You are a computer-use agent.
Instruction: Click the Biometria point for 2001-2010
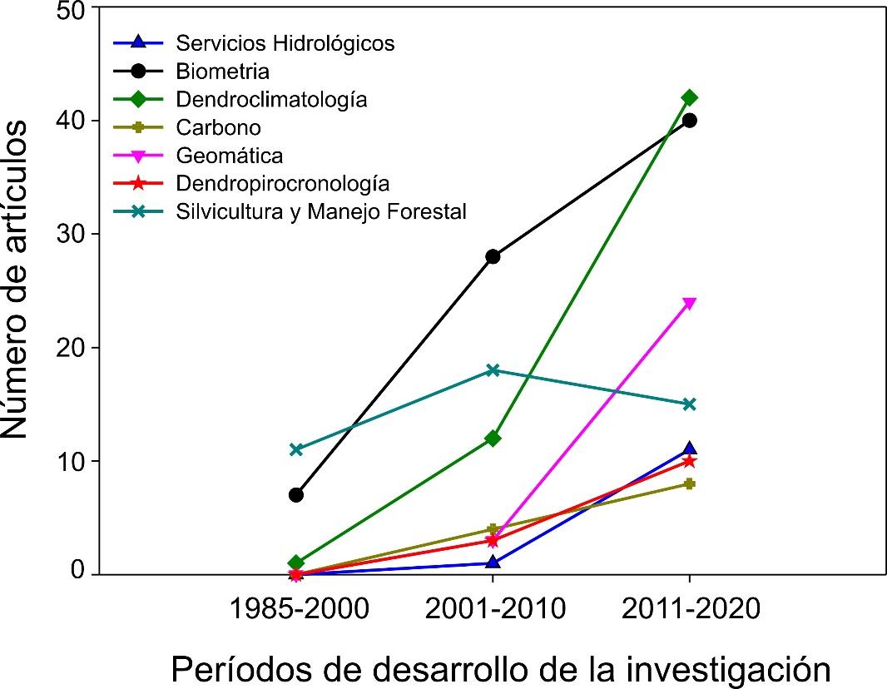point(493,256)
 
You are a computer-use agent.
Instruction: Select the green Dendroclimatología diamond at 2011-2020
point(689,97)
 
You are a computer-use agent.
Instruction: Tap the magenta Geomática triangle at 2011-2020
point(689,303)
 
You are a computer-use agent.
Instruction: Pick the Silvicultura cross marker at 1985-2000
point(295,449)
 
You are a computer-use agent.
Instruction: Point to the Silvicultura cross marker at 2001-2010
point(493,370)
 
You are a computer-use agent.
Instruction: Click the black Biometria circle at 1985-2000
point(295,495)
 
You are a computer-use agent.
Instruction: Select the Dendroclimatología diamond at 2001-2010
point(493,438)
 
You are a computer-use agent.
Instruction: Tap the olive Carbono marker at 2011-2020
point(689,483)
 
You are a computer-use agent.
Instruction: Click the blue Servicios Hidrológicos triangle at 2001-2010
point(493,562)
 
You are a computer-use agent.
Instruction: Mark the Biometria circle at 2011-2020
point(689,121)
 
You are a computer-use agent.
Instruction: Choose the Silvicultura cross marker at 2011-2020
point(689,404)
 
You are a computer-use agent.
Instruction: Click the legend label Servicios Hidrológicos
point(285,42)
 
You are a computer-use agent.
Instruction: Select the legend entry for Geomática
point(229,156)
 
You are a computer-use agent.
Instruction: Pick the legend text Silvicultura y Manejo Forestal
point(320,212)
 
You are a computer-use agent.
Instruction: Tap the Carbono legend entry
point(218,127)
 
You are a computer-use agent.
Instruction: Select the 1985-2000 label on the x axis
point(298,609)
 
